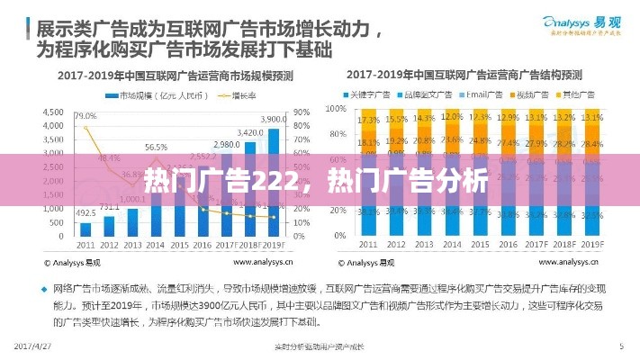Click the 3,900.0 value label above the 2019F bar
(274, 119)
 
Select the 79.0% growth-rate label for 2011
(86, 116)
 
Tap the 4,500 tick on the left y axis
(53, 112)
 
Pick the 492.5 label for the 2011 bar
(85, 213)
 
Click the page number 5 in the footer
(620, 346)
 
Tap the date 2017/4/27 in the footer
(33, 346)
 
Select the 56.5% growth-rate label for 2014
(156, 147)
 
